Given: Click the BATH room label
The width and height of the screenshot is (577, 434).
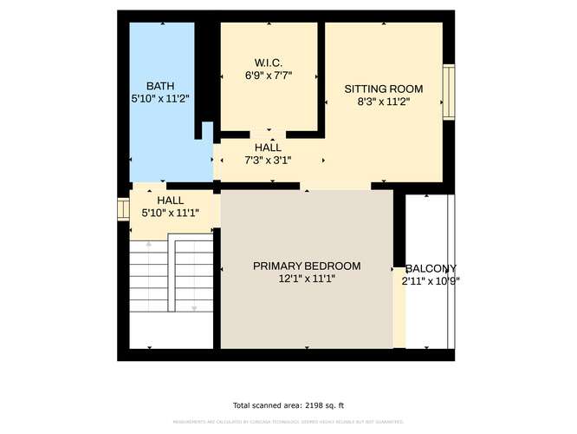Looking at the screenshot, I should pos(159,86).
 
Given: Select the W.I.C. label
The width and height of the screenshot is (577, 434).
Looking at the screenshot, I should pos(269,62).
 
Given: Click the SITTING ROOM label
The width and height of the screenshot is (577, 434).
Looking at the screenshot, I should pos(383,89).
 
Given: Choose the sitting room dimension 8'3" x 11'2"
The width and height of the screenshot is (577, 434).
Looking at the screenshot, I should pos(383,102).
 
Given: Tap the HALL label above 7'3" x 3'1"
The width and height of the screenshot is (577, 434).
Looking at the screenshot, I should pos(268,148).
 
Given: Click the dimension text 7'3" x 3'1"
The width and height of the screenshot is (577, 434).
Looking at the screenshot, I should pos(268,161).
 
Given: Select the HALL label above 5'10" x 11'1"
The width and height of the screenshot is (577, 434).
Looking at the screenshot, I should pos(170,200).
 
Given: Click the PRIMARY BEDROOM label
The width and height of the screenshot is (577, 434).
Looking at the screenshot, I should pos(307,266).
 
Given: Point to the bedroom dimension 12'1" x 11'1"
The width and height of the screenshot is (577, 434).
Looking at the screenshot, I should pos(307,279).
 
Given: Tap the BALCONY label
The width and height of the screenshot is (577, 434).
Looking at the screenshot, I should pos(431,268).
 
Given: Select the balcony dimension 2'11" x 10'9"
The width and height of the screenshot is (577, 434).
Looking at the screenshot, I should pos(430,281).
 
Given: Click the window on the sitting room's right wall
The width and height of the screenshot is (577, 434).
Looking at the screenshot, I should pos(449,91).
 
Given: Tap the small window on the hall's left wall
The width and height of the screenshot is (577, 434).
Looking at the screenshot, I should pos(122,211).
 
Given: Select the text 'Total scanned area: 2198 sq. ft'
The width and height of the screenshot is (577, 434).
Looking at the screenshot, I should pos(288,405).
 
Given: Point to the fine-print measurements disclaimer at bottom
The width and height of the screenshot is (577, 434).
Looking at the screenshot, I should pos(288,423).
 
